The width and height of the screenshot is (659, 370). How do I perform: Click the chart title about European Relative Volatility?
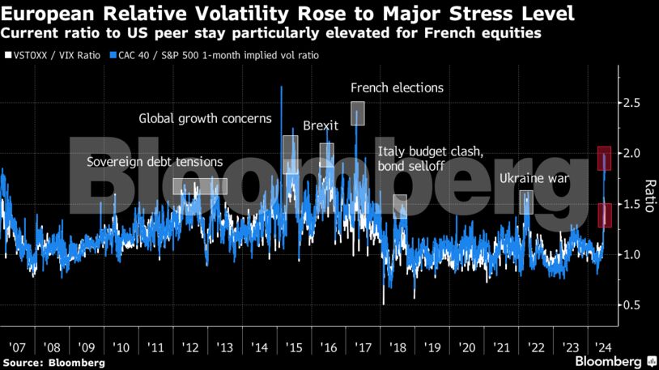pyautogui.click(x=289, y=14)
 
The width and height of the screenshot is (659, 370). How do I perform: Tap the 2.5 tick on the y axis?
pyautogui.click(x=632, y=103)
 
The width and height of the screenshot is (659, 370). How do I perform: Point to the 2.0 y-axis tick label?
pyautogui.click(x=632, y=153)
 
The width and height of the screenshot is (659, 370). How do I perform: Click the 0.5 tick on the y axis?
pyautogui.click(x=632, y=304)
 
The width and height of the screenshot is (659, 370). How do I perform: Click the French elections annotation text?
pyautogui.click(x=397, y=87)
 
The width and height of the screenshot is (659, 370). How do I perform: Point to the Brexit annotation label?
pyautogui.click(x=320, y=125)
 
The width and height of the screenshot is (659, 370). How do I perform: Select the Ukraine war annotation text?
pyautogui.click(x=534, y=178)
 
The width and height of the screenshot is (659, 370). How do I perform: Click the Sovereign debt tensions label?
pyautogui.click(x=155, y=162)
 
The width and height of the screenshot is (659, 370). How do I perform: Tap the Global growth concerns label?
pyautogui.click(x=206, y=118)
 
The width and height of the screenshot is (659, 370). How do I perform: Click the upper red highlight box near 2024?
pyautogui.click(x=604, y=158)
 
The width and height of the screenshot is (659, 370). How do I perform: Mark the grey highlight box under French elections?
pyautogui.click(x=358, y=113)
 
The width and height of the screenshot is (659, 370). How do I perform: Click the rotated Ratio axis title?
pyautogui.click(x=648, y=196)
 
